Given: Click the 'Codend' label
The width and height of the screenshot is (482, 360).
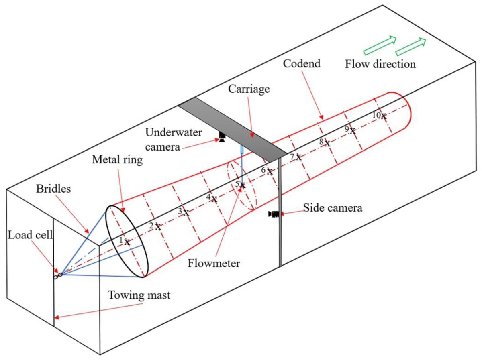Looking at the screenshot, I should click(302, 63).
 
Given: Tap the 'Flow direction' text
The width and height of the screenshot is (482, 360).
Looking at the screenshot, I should click(380, 64).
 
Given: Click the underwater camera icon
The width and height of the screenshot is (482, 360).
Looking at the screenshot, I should click(222, 137).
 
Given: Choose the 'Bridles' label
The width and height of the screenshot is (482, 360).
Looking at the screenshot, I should click(52, 189).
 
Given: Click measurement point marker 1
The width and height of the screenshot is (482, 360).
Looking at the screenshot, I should click(127, 242).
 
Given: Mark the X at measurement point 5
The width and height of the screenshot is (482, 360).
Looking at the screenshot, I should click(242, 185).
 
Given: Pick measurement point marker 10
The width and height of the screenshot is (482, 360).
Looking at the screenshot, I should click(384, 116).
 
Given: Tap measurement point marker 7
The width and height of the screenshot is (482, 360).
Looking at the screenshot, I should click(298, 158).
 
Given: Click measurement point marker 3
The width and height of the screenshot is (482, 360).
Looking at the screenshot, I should click(186, 213).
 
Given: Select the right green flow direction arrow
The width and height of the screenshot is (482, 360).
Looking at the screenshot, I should click(412, 46).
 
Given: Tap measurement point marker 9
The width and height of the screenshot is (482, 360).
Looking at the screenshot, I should click(352, 131).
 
